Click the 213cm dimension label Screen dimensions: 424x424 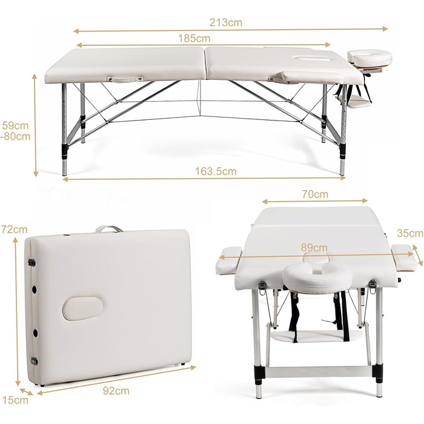point(226,22)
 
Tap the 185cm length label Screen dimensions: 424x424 point(194,38)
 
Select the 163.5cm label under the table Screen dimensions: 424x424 point(216,171)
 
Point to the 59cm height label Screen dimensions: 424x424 point(15,125)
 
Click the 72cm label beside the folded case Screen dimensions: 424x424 point(15,230)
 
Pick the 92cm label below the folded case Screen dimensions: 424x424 point(116,391)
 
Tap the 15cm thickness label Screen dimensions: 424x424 point(15,400)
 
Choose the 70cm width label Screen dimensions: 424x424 point(315,194)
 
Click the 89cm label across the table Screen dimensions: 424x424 point(314,247)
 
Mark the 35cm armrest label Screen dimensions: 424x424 point(410,233)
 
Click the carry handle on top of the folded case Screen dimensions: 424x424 point(109,229)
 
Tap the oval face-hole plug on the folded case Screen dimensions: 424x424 point(82,308)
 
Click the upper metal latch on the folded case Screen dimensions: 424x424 point(32,262)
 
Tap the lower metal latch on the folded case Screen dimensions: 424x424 point(35,361)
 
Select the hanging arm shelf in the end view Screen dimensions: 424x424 point(317,336)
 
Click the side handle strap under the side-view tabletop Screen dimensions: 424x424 point(125,79)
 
